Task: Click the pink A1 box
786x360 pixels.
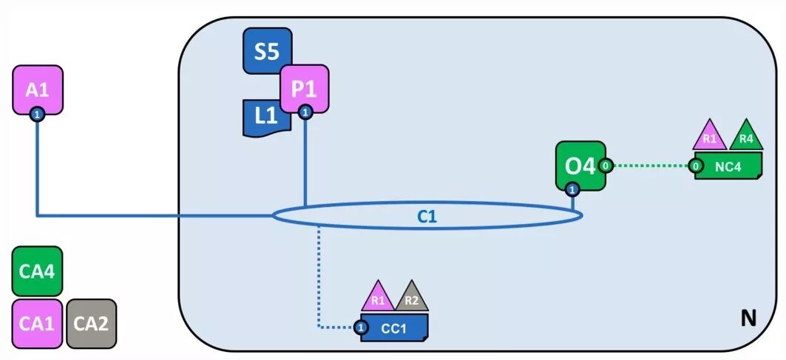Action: click(x=38, y=89)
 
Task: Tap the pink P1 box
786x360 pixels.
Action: click(x=304, y=88)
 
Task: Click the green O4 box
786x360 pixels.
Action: click(x=579, y=166)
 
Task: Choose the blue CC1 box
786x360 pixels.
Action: click(x=394, y=327)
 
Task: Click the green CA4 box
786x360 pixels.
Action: click(x=38, y=271)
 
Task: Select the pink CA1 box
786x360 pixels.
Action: click(x=38, y=323)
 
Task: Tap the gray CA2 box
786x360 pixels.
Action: click(x=92, y=323)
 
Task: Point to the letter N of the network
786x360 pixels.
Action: click(x=748, y=319)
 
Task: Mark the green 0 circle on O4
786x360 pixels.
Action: click(x=605, y=166)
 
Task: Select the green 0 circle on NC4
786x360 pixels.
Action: click(x=696, y=166)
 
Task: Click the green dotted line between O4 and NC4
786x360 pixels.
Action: click(x=650, y=166)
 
